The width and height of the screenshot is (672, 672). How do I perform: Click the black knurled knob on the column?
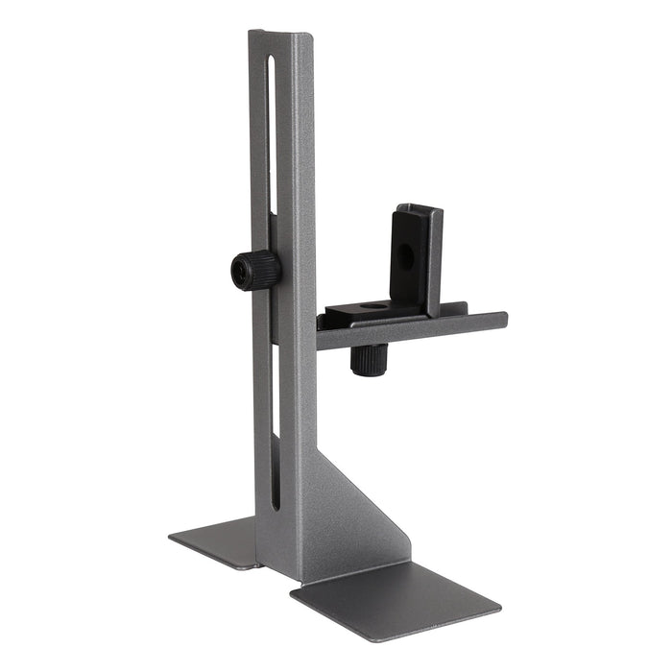pos(254,270)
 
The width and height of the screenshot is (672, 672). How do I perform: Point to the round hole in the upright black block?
pos(407,255)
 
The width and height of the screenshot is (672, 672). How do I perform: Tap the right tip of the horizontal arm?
pos(505,320)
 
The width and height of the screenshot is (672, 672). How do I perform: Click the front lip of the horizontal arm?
pos(413,332)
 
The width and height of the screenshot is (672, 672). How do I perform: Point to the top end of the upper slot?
pos(275,60)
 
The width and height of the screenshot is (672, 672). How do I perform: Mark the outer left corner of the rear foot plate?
pos(171,538)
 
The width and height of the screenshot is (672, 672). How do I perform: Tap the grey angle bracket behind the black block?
pos(435,259)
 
